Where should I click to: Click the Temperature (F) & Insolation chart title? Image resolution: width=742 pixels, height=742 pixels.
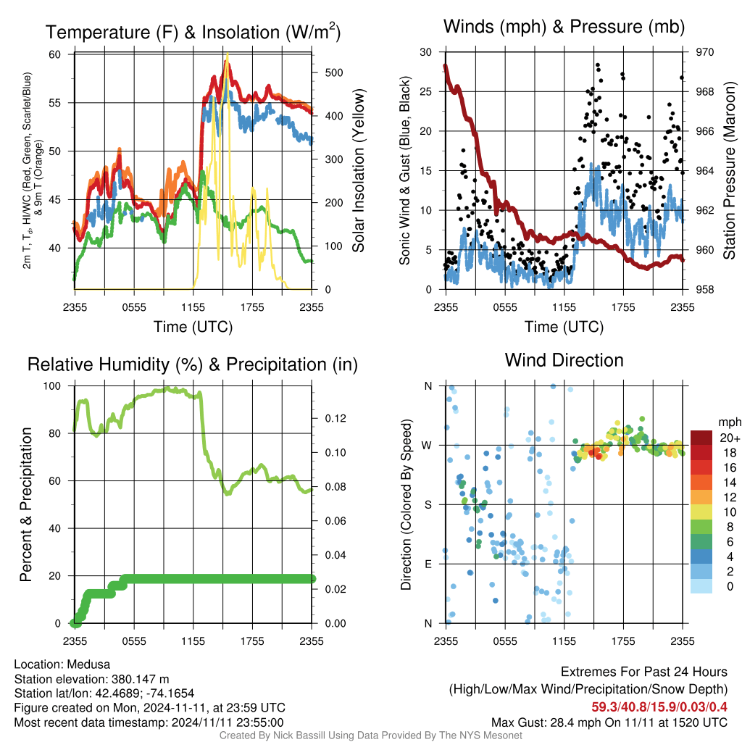point(193,32)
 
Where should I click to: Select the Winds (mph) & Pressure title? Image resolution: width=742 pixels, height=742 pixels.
point(564,27)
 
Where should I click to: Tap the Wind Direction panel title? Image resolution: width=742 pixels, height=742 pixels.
point(564,360)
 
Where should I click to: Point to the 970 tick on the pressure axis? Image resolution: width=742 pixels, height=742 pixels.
point(704,52)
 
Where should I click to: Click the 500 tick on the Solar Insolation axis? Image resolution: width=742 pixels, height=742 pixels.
point(334,72)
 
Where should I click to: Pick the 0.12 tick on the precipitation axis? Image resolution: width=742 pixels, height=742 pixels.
point(335,418)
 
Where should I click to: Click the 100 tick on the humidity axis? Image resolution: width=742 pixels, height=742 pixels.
point(52,385)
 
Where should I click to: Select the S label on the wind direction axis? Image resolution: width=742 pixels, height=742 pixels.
point(428,504)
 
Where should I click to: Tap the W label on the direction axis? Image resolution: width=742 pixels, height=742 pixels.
point(427,446)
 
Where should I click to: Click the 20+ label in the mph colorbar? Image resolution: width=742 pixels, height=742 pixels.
point(730,438)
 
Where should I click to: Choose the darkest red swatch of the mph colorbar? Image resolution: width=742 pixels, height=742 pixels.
point(701,438)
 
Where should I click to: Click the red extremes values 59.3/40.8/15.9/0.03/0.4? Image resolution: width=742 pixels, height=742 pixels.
point(659,707)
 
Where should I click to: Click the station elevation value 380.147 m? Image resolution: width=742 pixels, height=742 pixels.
point(141,679)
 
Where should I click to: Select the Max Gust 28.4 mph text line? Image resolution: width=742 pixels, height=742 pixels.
point(609,722)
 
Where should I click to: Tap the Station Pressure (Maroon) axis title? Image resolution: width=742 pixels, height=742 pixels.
point(729,170)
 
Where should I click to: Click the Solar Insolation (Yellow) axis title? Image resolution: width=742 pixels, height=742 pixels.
point(358,170)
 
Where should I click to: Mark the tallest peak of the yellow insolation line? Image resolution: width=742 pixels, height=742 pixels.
point(228,54)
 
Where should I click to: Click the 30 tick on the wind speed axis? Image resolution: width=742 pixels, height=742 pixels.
point(426,52)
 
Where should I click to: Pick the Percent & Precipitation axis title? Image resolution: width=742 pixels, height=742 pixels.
point(25,504)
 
